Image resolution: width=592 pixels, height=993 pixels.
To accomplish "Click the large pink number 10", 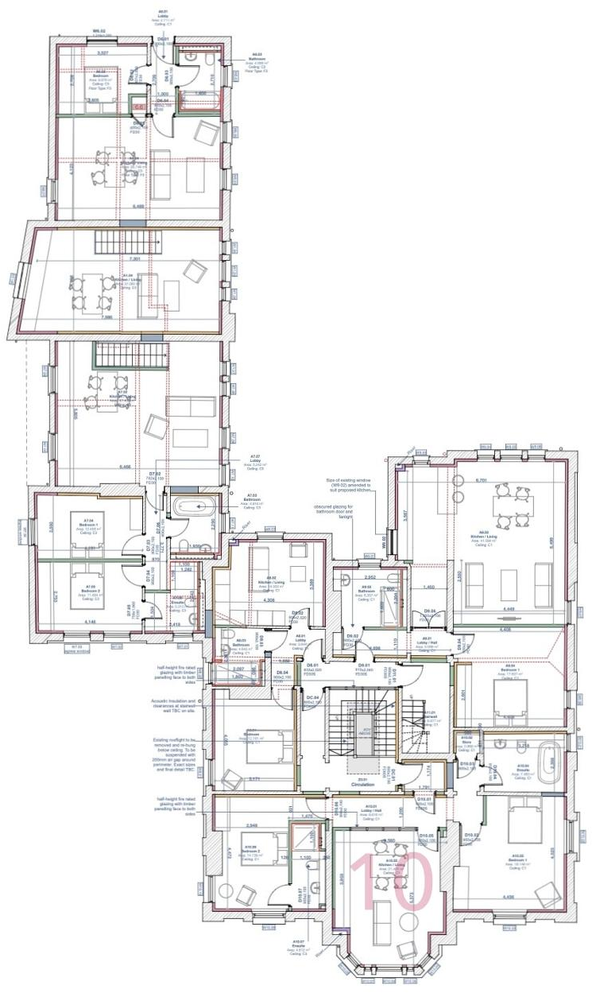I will point(391,883).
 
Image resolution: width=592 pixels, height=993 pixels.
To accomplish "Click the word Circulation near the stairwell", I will point(362,784).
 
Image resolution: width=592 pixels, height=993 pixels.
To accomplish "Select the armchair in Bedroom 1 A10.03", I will point(548,896).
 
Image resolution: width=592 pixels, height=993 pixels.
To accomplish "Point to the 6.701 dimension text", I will point(479,481).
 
